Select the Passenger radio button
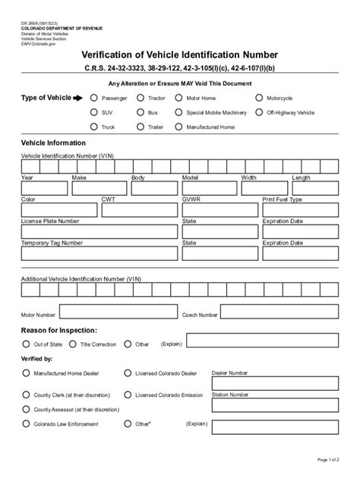[x=94, y=98]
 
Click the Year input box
[x=44, y=188]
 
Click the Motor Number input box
[x=117, y=312]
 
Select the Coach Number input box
[x=278, y=312]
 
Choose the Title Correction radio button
[x=73, y=344]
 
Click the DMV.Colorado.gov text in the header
[x=38, y=44]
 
